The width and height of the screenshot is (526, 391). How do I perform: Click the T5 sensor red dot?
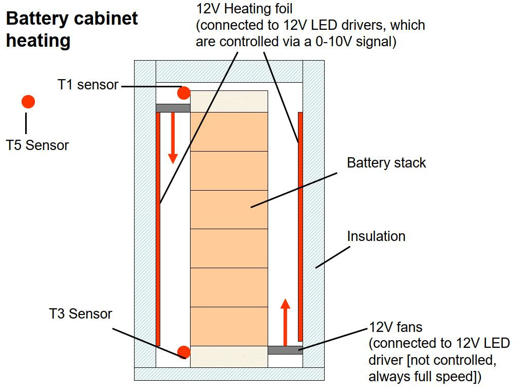(28, 102)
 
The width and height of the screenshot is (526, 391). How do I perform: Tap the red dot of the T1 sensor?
(184, 93)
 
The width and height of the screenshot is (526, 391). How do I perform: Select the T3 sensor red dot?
(184, 352)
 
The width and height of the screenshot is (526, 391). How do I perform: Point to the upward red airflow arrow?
(286, 321)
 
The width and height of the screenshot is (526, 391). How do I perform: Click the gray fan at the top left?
(173, 108)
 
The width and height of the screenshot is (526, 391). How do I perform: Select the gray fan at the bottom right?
(285, 350)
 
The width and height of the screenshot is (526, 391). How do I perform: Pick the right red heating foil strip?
(300, 226)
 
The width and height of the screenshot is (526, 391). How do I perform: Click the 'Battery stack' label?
(386, 163)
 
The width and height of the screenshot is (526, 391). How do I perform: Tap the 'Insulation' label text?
(376, 236)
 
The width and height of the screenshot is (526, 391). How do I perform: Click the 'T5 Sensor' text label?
(37, 145)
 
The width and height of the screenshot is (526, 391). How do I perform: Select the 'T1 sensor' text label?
(88, 85)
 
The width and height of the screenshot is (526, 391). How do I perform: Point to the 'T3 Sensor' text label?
(81, 313)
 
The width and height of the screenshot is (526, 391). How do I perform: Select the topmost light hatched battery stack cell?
(229, 101)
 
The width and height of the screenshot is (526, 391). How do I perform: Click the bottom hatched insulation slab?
(229, 374)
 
